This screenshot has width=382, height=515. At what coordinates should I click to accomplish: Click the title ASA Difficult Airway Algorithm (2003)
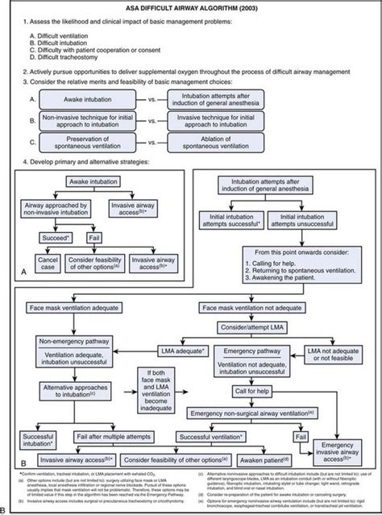click(191, 7)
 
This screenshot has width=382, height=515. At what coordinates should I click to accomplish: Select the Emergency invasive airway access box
click(339, 453)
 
